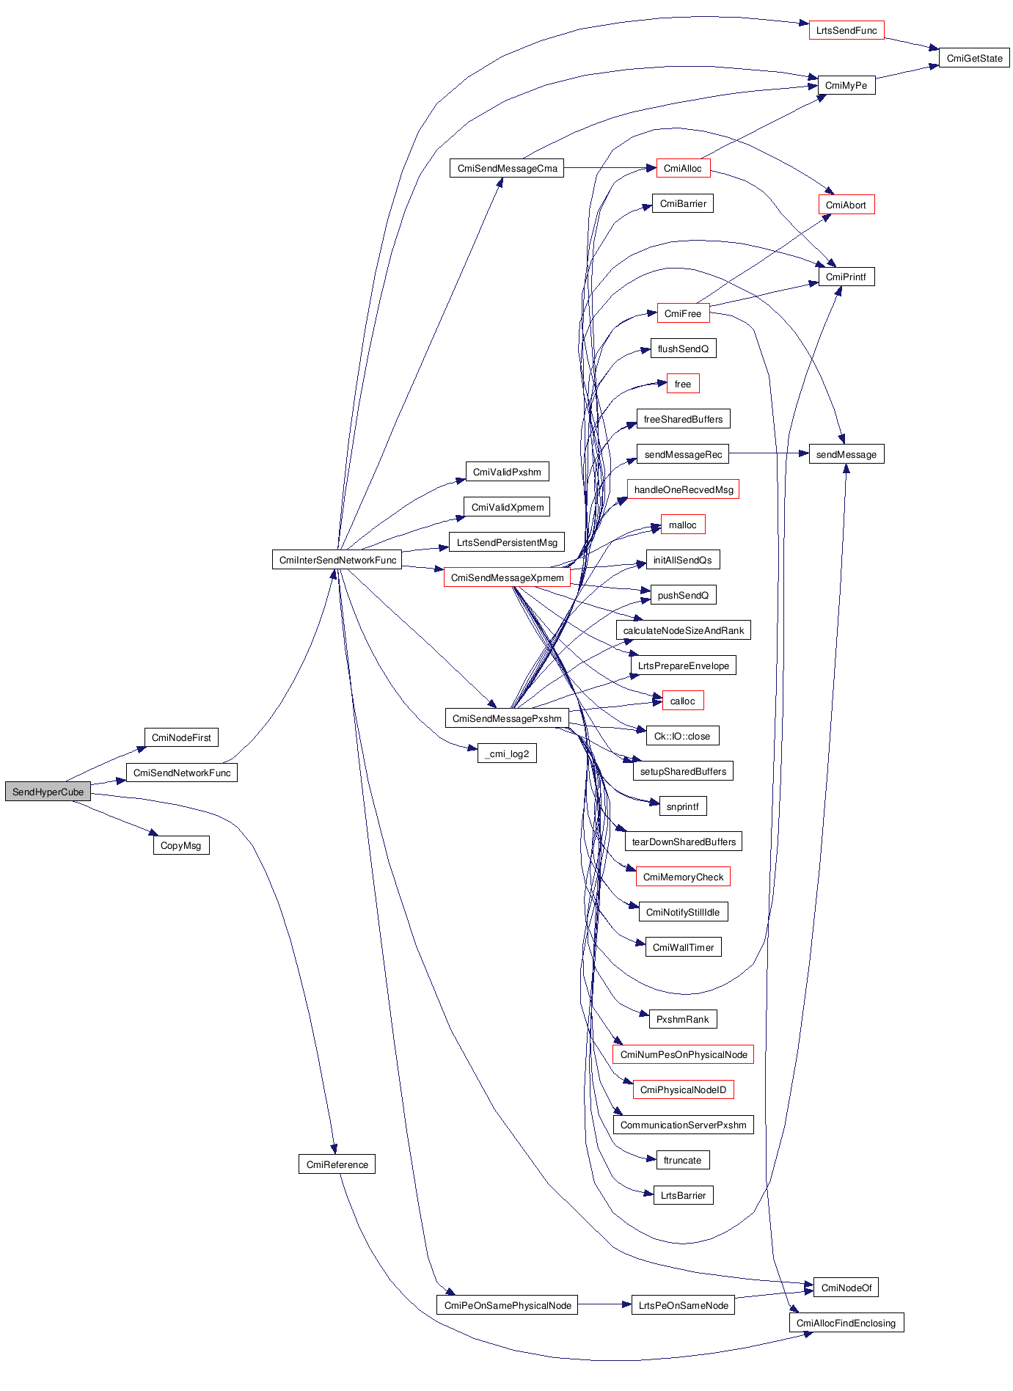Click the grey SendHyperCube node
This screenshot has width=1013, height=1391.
(48, 792)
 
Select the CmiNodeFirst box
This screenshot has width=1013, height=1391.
(181, 737)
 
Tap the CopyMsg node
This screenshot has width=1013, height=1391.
(180, 845)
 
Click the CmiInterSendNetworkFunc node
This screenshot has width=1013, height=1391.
(337, 560)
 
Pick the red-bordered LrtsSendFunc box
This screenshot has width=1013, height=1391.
(846, 30)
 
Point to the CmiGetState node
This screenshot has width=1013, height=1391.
(974, 58)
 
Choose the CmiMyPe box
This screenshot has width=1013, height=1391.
(846, 85)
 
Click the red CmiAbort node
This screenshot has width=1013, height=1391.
(846, 205)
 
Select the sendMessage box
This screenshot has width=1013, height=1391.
(846, 454)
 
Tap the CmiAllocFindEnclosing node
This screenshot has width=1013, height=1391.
(846, 1323)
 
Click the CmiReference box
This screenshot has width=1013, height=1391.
(337, 1164)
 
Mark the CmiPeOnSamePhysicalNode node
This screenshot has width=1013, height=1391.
(508, 1305)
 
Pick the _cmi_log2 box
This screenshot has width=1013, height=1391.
(507, 753)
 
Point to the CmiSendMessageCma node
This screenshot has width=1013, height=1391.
(507, 168)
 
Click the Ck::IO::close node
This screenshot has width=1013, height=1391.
(682, 736)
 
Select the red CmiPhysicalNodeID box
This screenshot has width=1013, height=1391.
(683, 1089)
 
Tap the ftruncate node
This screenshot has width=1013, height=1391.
(682, 1160)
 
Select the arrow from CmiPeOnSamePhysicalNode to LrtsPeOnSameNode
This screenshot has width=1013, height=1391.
(604, 1304)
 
